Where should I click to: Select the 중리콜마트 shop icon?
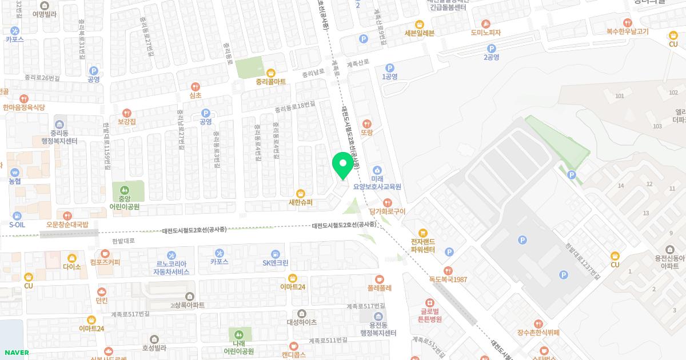pyautogui.click(x=271, y=73)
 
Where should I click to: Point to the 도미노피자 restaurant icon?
pyautogui.click(x=485, y=23)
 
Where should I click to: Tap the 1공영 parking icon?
pyautogui.click(x=390, y=67)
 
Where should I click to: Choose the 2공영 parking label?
pyautogui.click(x=491, y=57)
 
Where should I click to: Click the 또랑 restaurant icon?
pyautogui.click(x=366, y=123)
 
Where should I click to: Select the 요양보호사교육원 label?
pyautogui.click(x=377, y=186)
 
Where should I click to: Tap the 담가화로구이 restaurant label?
pyautogui.click(x=388, y=211)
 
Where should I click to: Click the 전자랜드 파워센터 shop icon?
pyautogui.click(x=423, y=233)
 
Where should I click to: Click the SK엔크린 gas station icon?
pyautogui.click(x=276, y=254)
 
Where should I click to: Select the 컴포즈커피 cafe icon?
pyautogui.click(x=105, y=254)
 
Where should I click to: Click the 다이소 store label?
pyautogui.click(x=72, y=267)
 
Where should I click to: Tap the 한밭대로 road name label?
pyautogui.click(x=123, y=241)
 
